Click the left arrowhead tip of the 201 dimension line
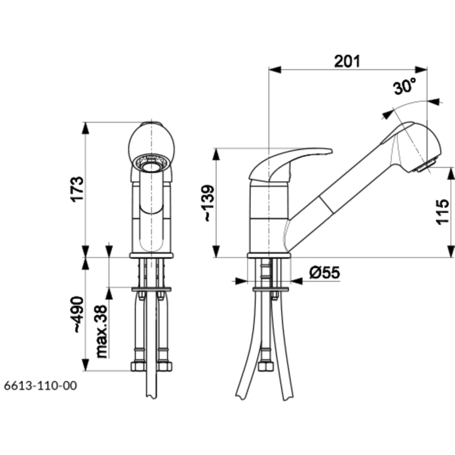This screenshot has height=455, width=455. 269,70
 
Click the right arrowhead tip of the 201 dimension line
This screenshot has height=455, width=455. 427,70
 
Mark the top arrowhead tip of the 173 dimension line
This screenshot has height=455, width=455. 85,122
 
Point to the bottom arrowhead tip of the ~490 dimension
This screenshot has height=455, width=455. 85,371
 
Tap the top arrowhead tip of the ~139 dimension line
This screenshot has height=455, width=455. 216,148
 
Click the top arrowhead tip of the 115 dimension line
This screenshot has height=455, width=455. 451,167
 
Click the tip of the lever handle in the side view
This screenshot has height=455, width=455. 332,150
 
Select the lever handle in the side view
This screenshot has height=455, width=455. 290,165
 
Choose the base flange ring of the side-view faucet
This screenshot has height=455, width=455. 269,255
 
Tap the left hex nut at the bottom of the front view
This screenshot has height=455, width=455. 138,366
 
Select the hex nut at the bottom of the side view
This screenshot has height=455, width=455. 266,366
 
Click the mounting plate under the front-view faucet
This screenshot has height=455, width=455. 151,289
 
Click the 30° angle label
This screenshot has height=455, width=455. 405,86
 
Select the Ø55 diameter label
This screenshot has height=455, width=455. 324,273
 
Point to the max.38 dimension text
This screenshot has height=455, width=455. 102,331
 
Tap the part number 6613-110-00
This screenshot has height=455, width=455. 41,386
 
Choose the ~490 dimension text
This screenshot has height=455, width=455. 78,315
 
